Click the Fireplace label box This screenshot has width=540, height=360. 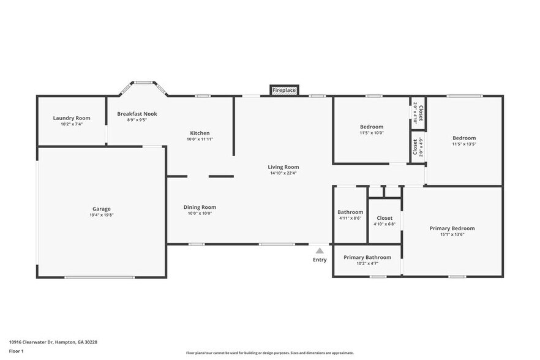[284, 91]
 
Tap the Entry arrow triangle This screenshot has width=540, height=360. [320, 250]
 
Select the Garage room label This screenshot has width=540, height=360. [102, 209]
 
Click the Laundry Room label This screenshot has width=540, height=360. [72, 118]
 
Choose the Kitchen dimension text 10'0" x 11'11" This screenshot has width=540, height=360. [200, 139]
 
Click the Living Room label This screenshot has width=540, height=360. [283, 167]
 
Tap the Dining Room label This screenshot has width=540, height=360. [200, 207]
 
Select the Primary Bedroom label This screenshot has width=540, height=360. [452, 228]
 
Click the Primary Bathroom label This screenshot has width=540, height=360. [367, 257]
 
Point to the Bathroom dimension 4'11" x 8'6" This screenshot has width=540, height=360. [350, 218]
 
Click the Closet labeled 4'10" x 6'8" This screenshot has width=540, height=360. [384, 217]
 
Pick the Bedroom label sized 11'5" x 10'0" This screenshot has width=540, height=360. [372, 127]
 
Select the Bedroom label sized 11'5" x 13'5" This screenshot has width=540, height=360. [464, 138]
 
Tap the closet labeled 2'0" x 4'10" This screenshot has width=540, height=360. [418, 113]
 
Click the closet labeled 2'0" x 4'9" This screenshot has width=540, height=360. [418, 148]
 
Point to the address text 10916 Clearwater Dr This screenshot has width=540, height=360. [53, 342]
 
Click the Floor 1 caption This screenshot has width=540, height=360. [17, 351]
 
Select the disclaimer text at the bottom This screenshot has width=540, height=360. [270, 353]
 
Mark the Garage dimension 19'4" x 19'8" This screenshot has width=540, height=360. [102, 215]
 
